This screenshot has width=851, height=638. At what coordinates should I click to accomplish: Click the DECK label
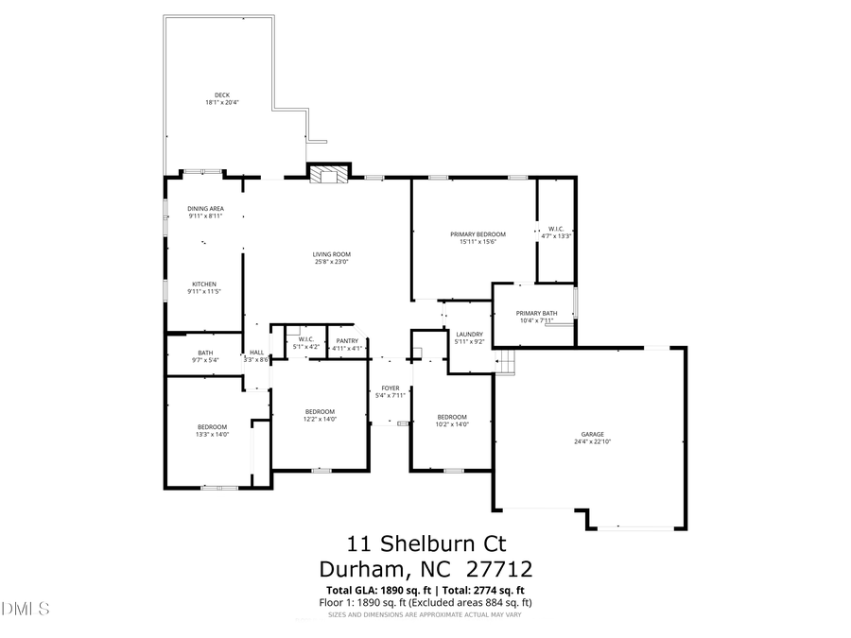[222, 95]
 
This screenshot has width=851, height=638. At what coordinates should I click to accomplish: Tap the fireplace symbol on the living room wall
[329, 173]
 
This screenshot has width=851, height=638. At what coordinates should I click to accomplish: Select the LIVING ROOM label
[332, 254]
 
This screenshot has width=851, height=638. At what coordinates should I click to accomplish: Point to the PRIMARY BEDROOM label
[478, 234]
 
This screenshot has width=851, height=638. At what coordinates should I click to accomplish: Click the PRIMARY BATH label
[536, 314]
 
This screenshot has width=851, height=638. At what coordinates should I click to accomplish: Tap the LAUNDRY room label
[470, 334]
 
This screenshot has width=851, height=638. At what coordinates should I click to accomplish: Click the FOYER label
[391, 388]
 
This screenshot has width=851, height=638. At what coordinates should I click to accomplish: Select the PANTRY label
[347, 340]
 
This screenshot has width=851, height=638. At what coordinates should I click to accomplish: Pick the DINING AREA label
[205, 208]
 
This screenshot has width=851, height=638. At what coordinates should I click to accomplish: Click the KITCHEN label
[205, 285]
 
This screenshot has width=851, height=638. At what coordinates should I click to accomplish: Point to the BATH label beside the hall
[205, 353]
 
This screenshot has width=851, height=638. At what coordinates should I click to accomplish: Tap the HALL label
[256, 353]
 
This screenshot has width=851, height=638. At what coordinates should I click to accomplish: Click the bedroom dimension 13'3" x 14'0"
[212, 435]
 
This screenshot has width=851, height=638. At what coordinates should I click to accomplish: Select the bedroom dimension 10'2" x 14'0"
[452, 424]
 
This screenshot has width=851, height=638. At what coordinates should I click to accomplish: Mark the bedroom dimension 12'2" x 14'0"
[320, 419]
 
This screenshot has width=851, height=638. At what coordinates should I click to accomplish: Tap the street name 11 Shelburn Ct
[426, 543]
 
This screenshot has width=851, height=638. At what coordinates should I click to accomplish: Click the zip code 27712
[499, 569]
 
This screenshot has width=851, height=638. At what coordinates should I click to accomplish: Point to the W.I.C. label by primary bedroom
[556, 229]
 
